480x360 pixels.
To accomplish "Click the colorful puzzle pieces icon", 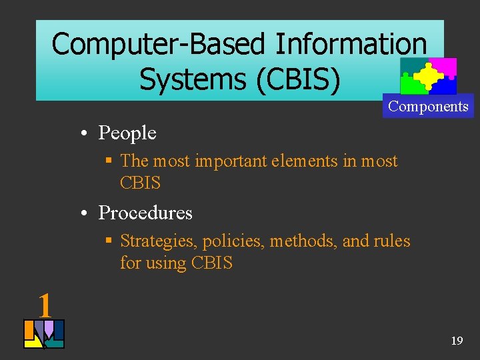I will point(428,76).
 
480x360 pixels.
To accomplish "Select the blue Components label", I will point(428,107).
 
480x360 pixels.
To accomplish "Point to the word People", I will point(127,133).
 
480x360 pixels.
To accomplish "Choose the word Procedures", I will point(145,213).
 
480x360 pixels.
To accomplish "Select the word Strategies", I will point(158,241).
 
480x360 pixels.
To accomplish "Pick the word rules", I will point(393,241).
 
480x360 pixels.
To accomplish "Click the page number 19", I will point(457,341).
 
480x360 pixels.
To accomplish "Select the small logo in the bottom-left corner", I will point(44,334).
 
